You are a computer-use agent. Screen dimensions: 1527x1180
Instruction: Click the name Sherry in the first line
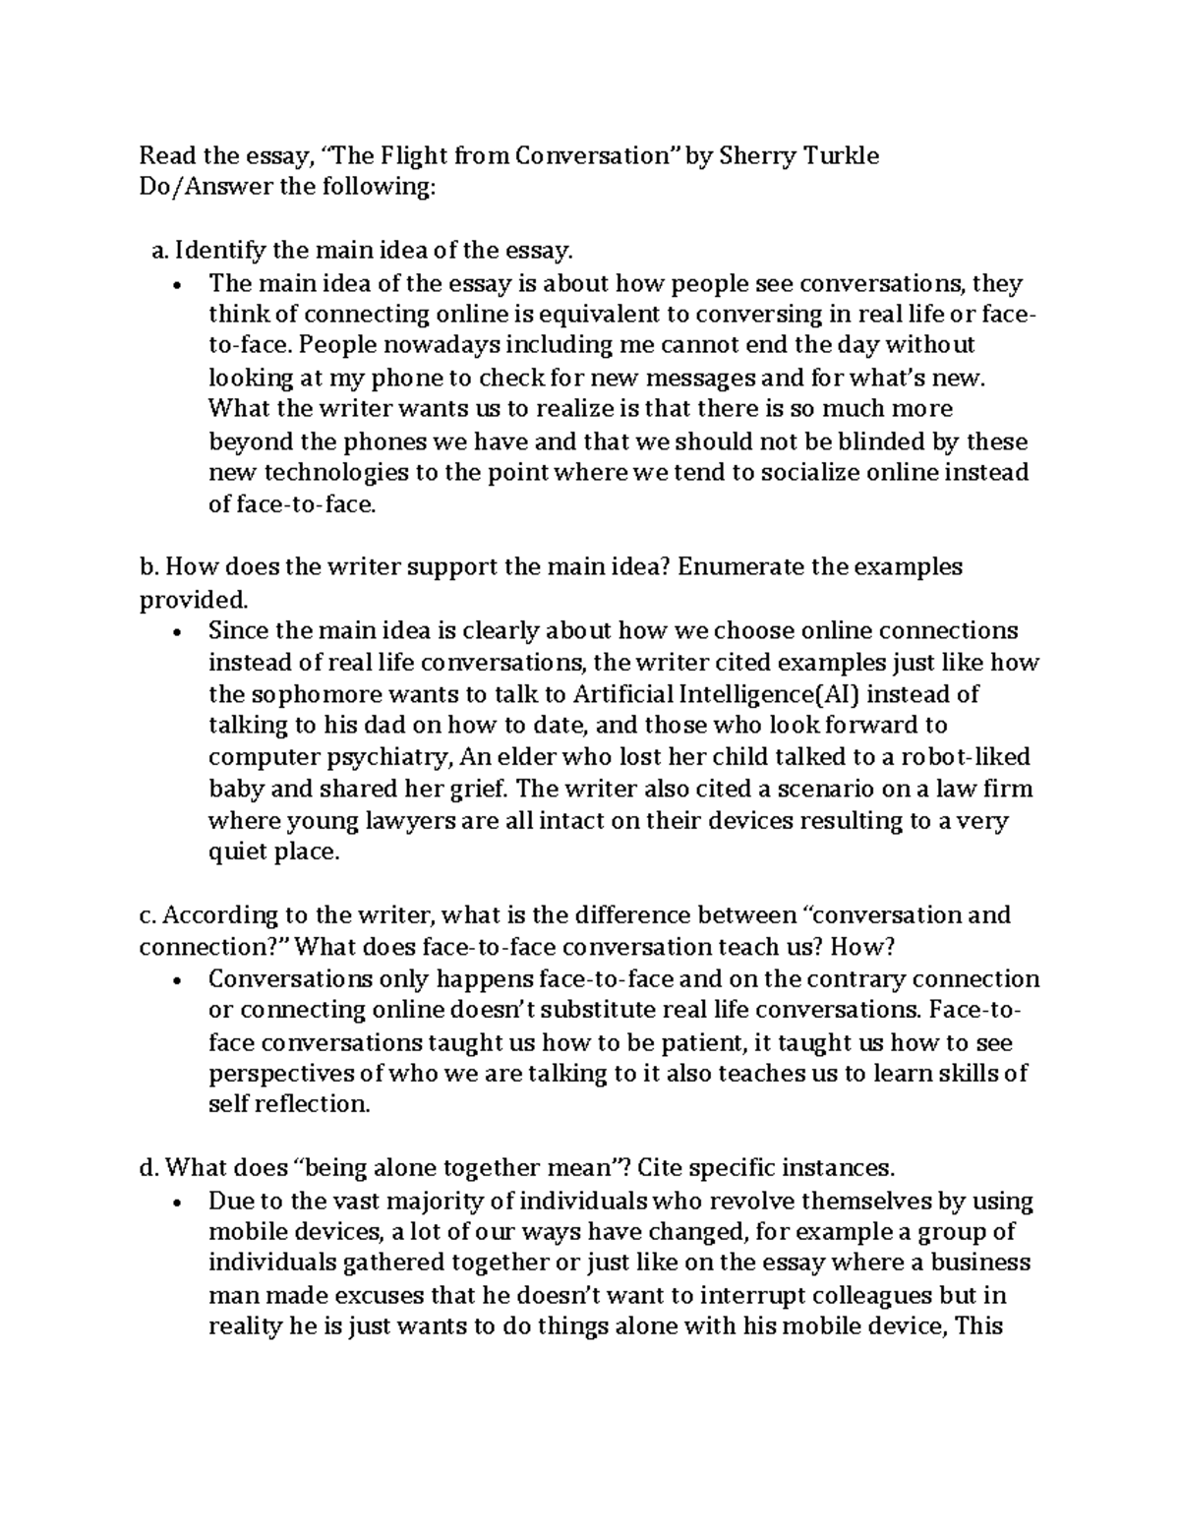(756, 155)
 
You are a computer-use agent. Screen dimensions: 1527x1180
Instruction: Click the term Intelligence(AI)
(765, 694)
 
